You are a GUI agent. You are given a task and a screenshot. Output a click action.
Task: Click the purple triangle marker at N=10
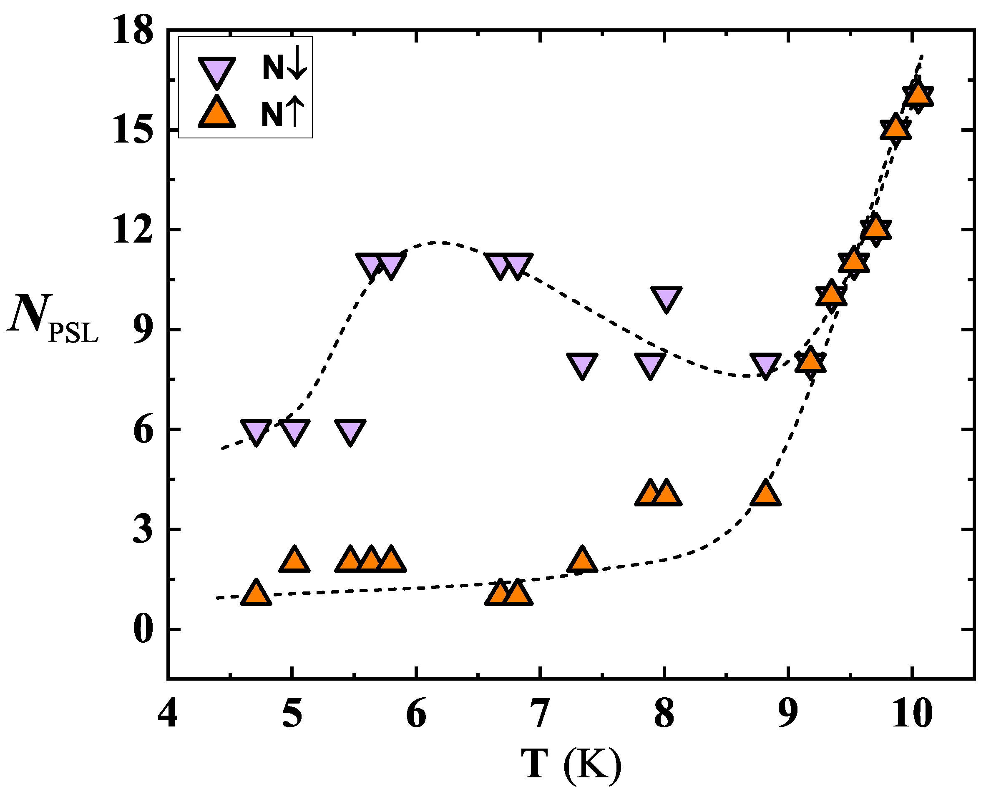(666, 298)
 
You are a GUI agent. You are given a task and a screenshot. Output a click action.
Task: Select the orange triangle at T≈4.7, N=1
(256, 594)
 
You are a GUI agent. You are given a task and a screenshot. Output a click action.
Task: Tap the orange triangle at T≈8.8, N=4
(765, 494)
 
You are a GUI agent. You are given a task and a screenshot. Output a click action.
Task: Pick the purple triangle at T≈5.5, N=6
(350, 431)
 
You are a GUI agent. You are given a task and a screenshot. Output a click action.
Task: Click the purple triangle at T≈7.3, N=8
(583, 365)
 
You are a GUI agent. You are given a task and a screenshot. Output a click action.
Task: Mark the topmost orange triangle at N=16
(918, 94)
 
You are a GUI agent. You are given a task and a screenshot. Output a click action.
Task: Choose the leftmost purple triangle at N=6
(256, 431)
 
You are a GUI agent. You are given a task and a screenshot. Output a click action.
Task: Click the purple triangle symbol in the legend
(216, 70)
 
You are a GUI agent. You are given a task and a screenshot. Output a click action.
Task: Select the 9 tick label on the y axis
(143, 330)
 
